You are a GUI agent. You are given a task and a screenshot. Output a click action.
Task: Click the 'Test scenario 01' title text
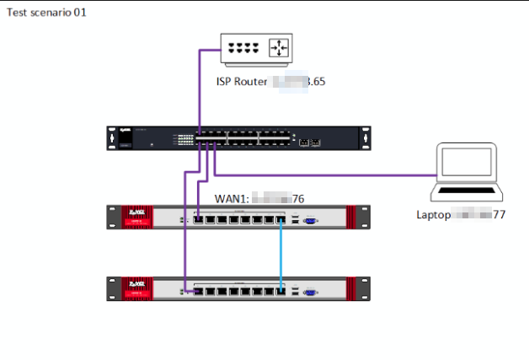pyautogui.click(x=46, y=13)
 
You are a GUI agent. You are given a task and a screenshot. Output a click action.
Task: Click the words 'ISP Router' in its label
pyautogui.click(x=242, y=83)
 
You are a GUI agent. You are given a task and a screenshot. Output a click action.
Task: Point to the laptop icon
pyautogui.click(x=466, y=174)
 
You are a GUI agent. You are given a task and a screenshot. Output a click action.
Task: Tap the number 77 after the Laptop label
pyautogui.click(x=499, y=214)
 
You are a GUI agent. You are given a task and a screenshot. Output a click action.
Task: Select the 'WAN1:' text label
pyautogui.click(x=232, y=198)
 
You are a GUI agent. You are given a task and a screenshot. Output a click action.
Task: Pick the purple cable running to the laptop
pyautogui.click(x=337, y=175)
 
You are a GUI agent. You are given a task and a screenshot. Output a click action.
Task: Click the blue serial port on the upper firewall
pyautogui.click(x=308, y=220)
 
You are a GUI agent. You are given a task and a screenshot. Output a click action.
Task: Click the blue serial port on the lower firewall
pyautogui.click(x=308, y=291)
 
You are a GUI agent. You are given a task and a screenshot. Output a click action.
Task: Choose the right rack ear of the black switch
pyautogui.click(x=366, y=138)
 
